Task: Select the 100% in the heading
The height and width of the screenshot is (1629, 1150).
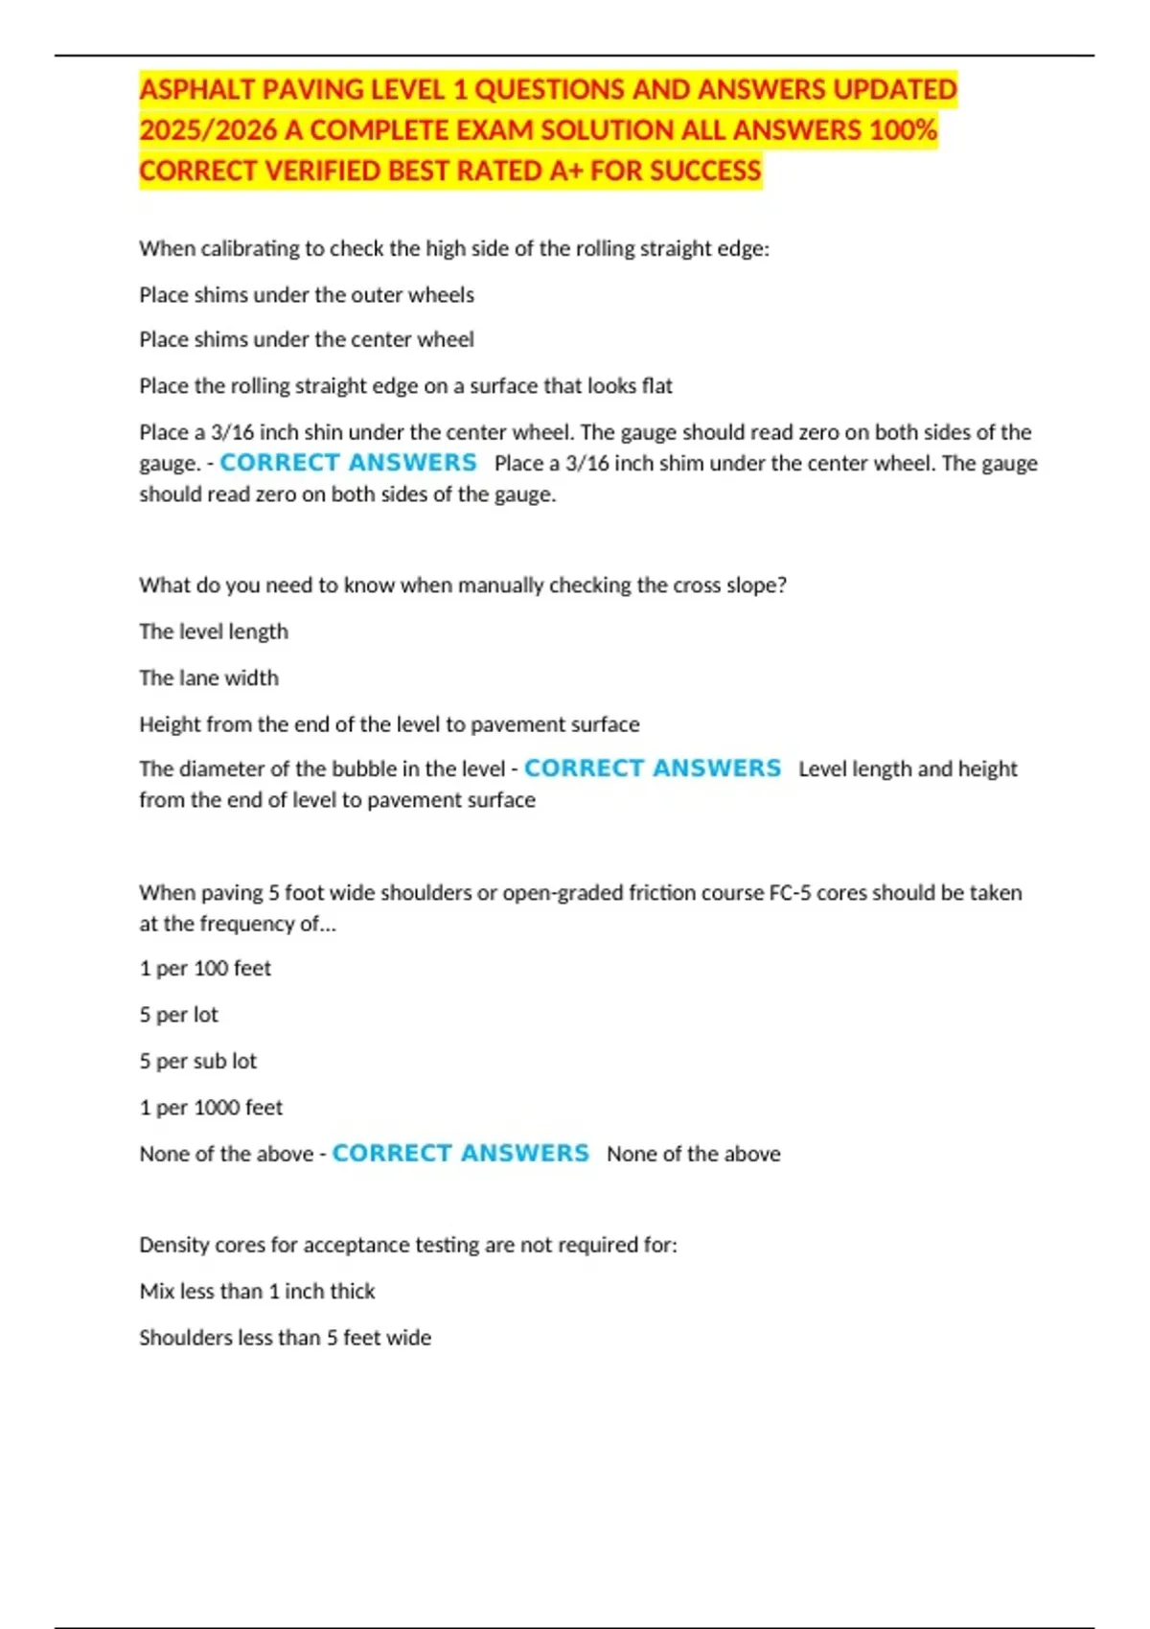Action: pos(902,130)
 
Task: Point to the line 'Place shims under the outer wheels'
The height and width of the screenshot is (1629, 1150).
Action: pos(307,295)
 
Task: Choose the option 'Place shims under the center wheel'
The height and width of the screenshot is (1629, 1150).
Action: pos(307,340)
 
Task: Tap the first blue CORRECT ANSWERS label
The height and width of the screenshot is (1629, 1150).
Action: pos(348,463)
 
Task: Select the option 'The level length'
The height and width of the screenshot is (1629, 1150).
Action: pos(214,631)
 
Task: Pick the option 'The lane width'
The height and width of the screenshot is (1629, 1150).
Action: pos(209,678)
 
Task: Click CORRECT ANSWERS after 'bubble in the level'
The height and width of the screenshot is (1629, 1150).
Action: pos(653,769)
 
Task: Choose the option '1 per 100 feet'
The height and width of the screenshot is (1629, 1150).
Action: pos(205,969)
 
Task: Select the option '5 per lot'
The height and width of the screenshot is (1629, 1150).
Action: pos(179,1015)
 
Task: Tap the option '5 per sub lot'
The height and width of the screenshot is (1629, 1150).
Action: pos(198,1062)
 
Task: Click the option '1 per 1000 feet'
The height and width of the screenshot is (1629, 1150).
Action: pos(211,1108)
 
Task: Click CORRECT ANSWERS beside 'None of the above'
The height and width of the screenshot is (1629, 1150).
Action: pos(460,1154)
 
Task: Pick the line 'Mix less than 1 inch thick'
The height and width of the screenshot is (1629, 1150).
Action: pos(257,1292)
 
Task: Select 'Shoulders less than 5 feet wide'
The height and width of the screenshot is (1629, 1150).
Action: pos(286,1338)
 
